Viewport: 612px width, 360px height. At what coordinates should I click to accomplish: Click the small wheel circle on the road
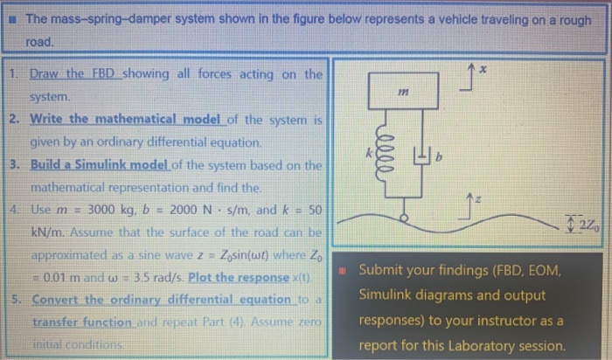click(404, 215)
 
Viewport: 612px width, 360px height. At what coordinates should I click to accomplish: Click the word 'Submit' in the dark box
click(383, 272)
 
